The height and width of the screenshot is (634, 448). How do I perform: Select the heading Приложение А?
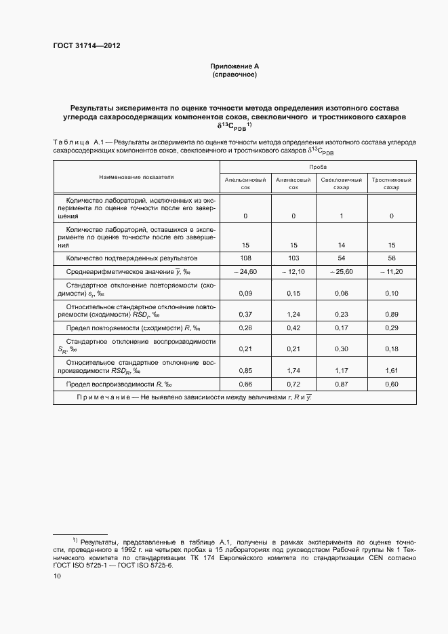[x=235, y=66]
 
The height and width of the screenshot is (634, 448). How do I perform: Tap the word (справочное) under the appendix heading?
[x=235, y=75]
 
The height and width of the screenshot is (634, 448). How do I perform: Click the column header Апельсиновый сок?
[x=245, y=183]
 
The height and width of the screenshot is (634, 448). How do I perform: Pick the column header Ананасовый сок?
[x=293, y=183]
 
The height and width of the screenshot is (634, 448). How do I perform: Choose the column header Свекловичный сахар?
[x=342, y=183]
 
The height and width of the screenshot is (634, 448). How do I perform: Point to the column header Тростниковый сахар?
[x=392, y=183]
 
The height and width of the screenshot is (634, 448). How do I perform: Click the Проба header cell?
[x=319, y=166]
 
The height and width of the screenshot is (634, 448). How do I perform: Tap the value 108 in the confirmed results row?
[x=245, y=258]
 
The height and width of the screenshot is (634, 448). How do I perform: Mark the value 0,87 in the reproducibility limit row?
[x=342, y=384]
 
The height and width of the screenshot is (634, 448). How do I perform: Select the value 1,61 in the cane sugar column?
[x=392, y=371]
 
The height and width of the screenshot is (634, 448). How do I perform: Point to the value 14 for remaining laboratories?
[x=342, y=245]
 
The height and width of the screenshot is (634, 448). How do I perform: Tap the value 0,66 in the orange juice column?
[x=245, y=384]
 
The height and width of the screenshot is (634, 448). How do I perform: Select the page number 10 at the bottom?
[x=57, y=576]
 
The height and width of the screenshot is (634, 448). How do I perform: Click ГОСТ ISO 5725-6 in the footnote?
[x=146, y=565]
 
